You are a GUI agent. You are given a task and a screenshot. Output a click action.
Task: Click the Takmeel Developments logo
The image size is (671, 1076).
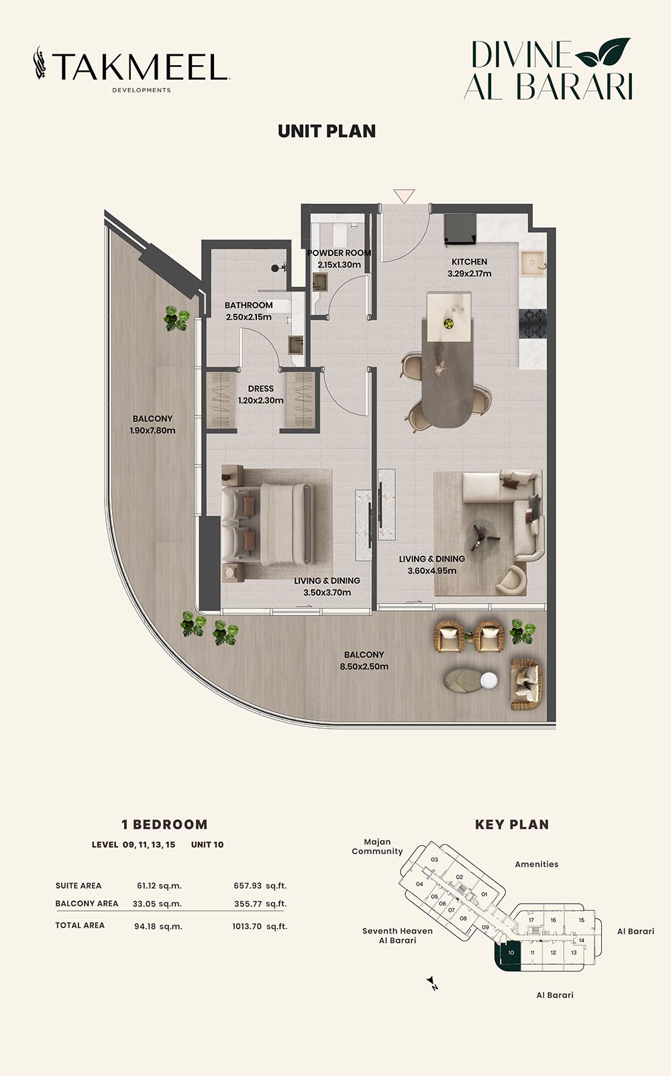pyautogui.click(x=132, y=69)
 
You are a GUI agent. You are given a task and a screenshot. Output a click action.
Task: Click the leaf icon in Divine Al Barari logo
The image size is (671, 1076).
pyautogui.click(x=603, y=52)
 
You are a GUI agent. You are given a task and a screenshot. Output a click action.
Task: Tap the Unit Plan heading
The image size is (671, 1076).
pyautogui.click(x=327, y=131)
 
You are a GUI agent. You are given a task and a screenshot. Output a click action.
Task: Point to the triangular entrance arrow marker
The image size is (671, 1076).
pyautogui.click(x=404, y=196)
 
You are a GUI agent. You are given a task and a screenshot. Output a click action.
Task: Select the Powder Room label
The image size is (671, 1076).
pyautogui.click(x=340, y=258)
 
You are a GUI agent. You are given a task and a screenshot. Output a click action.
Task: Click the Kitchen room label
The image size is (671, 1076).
pyautogui.click(x=470, y=267)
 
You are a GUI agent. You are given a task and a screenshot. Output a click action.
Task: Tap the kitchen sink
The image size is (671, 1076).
pyautogui.click(x=533, y=262)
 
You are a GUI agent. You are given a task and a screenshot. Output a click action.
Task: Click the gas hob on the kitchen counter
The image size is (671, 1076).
pyautogui.click(x=533, y=324)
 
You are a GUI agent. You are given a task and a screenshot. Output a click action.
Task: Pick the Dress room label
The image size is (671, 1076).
pyautogui.click(x=261, y=394)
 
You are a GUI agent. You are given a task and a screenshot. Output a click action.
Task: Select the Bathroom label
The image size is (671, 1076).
pyautogui.click(x=248, y=311)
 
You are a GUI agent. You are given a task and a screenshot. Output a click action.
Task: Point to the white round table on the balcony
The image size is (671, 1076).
pyautogui.click(x=489, y=680)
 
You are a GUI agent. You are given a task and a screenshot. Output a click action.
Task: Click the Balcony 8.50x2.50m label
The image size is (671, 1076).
pyautogui.click(x=364, y=660)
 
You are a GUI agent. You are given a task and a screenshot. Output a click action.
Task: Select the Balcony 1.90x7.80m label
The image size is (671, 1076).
pyautogui.click(x=152, y=424)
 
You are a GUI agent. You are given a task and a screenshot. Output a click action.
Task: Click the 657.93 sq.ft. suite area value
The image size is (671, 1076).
pyautogui.click(x=260, y=886)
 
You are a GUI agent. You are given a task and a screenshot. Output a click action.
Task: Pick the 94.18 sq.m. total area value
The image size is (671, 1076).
pyautogui.click(x=158, y=926)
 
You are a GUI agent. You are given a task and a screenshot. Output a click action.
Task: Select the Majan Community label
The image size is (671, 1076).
pyautogui.click(x=377, y=847)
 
